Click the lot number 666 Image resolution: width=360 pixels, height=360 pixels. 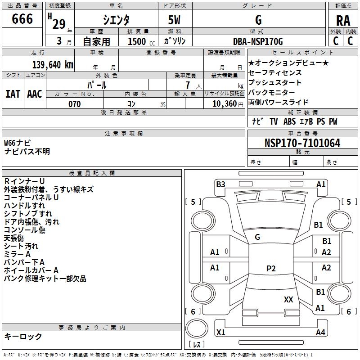[x=22, y=19]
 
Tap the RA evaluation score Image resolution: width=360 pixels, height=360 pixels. [x=343, y=21]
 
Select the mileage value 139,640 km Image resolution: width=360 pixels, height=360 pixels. [x=53, y=65]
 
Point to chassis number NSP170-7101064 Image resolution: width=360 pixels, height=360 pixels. [x=302, y=143]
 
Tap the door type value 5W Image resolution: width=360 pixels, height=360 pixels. [x=175, y=21]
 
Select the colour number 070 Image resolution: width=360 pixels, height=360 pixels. [x=74, y=104]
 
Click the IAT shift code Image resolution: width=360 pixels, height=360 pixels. [x=13, y=94]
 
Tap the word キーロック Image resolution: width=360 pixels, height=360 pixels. [x=23, y=336]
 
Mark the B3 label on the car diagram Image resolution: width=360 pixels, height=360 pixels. [x=220, y=184]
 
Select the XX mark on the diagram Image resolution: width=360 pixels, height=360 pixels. [x=288, y=299]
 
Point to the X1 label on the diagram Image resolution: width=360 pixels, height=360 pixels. [x=220, y=333]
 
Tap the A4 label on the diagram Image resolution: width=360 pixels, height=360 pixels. [x=320, y=333]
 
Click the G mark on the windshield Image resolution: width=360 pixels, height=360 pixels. [x=257, y=237]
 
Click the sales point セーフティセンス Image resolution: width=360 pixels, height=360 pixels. [x=275, y=72]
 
